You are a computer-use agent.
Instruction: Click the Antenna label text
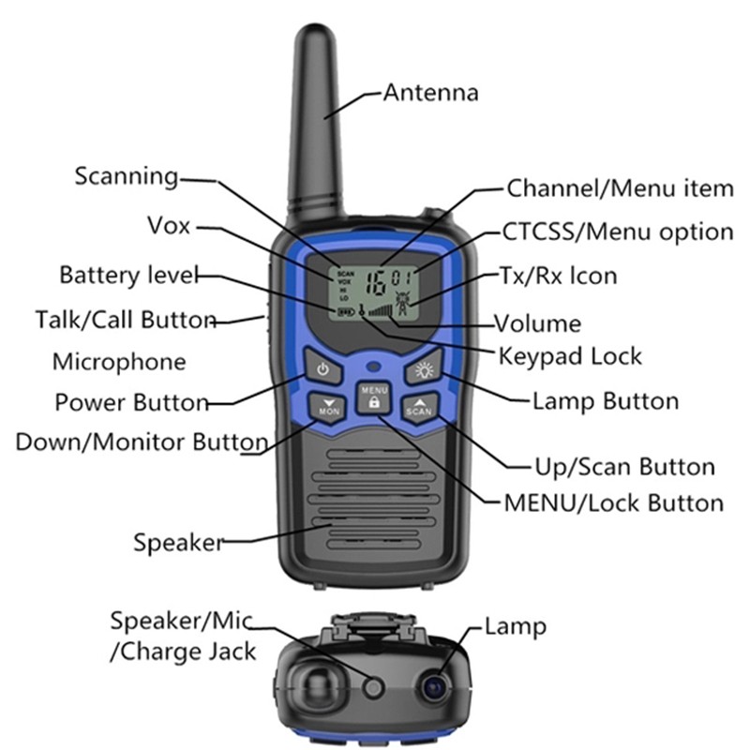click(x=430, y=93)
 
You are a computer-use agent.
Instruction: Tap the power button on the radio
click(x=322, y=368)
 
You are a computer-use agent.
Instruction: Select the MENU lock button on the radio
click(x=373, y=397)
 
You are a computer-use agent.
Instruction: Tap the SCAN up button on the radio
click(x=418, y=407)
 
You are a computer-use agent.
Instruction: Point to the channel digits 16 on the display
click(x=378, y=278)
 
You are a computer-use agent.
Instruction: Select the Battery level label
click(x=128, y=276)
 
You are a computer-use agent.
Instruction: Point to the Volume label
click(x=538, y=324)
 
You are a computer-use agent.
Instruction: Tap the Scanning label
click(x=126, y=176)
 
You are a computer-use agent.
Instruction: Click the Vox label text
click(x=169, y=226)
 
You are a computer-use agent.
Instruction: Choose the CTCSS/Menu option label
click(x=617, y=232)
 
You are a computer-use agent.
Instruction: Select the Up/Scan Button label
click(x=623, y=466)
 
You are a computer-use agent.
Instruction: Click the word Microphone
click(x=118, y=362)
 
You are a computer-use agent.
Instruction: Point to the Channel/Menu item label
click(x=620, y=188)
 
